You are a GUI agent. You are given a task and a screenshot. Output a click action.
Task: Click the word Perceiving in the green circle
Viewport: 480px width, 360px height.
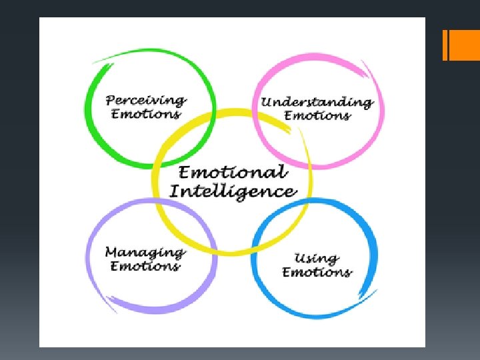tap(146, 101)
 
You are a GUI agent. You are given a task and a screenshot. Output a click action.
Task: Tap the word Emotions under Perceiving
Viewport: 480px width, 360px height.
tap(146, 114)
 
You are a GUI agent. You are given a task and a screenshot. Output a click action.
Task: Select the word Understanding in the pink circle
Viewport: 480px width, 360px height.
tap(317, 102)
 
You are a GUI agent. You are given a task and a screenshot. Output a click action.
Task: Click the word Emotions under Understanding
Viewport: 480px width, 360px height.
tap(317, 115)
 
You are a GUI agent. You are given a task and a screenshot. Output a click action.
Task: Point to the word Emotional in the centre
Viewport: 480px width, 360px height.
tap(233, 172)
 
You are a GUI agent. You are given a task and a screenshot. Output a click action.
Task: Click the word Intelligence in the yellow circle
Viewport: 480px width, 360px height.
tap(231, 191)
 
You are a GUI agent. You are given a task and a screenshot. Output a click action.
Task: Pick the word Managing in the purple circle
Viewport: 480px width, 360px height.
tap(145, 253)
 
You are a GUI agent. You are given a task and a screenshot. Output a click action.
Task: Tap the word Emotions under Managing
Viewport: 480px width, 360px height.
tap(145, 267)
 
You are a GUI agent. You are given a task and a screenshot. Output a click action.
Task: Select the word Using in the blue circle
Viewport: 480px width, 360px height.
tap(316, 258)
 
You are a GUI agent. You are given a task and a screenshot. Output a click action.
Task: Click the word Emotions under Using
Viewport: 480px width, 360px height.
tap(316, 272)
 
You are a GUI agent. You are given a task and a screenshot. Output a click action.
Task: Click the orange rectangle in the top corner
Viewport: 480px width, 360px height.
tap(465, 45)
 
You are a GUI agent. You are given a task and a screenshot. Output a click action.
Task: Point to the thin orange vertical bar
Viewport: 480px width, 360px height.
tap(445, 45)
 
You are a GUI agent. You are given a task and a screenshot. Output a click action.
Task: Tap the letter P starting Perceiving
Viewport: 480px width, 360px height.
tap(111, 101)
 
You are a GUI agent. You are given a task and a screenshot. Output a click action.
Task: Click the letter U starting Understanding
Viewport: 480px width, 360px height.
tap(266, 103)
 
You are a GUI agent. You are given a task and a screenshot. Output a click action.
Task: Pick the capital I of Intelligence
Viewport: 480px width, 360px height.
tap(173, 191)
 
